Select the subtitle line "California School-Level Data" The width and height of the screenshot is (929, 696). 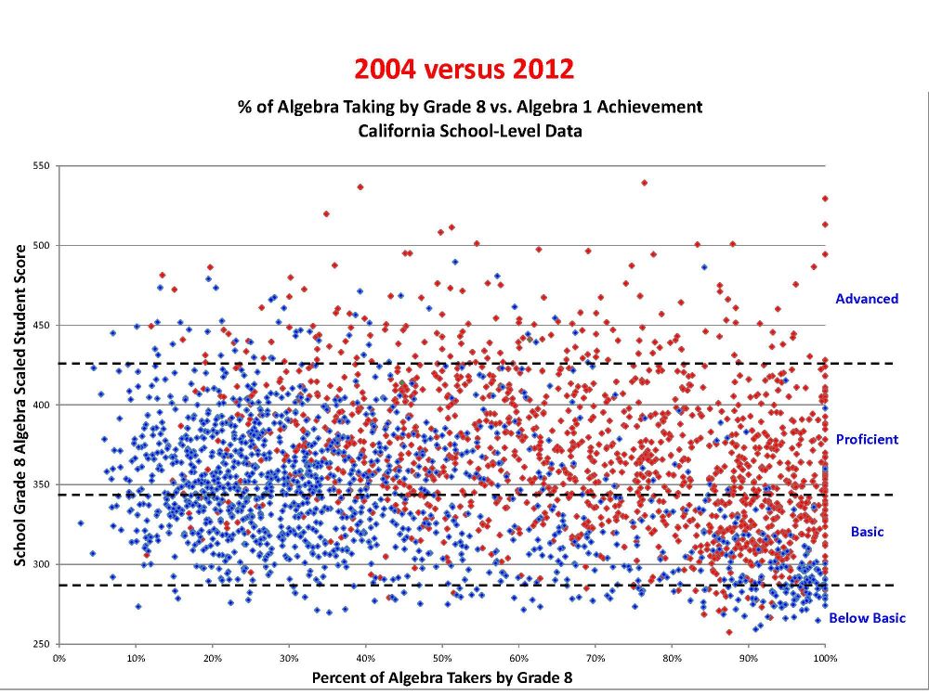coord(470,131)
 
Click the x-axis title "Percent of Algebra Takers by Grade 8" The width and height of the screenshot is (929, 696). coord(442,677)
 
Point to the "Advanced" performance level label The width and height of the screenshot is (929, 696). coord(867,299)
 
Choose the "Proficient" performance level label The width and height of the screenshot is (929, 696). coord(867,439)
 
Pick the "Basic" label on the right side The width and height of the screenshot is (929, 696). coord(867,532)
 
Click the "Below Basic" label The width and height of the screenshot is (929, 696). coord(867,618)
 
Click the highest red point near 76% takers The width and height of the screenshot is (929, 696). coord(644,183)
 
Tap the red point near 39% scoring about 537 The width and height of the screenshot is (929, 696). coord(360,187)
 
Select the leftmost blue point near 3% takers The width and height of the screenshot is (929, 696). coord(80,523)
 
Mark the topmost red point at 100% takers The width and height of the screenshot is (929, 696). coord(825,199)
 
